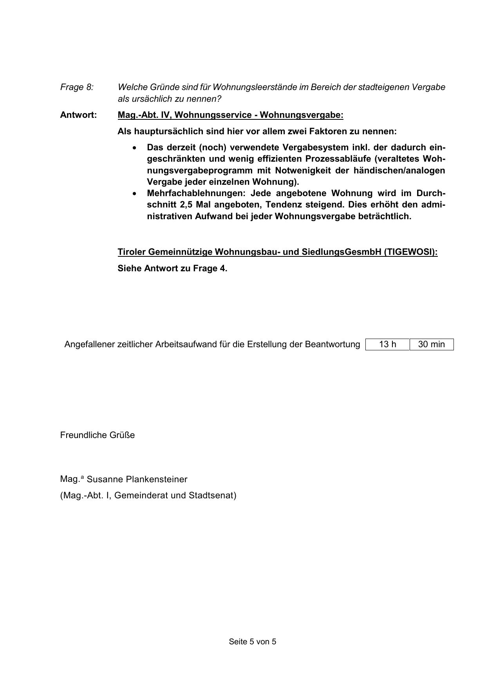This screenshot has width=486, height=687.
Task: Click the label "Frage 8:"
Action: [77, 87]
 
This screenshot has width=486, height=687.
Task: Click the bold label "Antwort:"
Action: [78, 115]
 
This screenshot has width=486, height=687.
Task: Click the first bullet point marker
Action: [135, 148]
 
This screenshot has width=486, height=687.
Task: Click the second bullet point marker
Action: [135, 194]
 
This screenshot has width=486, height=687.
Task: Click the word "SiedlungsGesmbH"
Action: [341, 252]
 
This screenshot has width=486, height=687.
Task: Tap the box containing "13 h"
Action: [387, 344]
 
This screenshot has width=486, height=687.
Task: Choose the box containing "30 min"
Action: [432, 344]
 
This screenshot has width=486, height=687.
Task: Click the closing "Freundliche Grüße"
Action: [97, 435]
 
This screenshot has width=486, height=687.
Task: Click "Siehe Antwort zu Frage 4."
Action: [172, 269]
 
